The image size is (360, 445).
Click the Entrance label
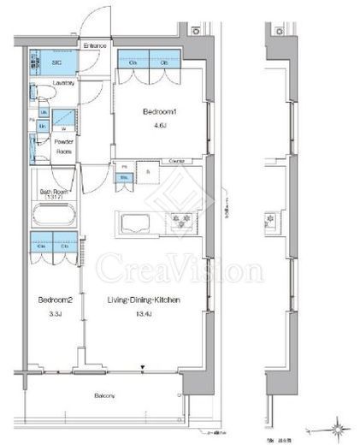click(x=95, y=46)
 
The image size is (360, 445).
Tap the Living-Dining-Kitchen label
click(x=143, y=300)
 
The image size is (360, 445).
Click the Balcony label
click(x=105, y=395)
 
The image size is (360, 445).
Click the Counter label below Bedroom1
click(x=178, y=160)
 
